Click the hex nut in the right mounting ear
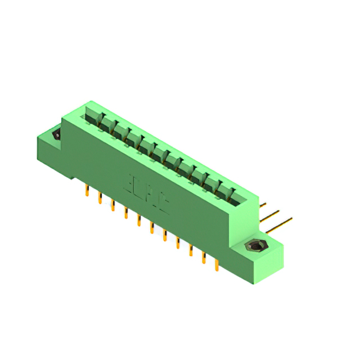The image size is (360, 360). pyautogui.click(x=255, y=246)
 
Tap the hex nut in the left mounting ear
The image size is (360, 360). pyautogui.click(x=56, y=135)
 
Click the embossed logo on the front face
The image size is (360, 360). pyautogui.click(x=146, y=193)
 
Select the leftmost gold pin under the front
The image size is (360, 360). pyautogui.click(x=87, y=191)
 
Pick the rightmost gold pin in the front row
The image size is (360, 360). pyautogui.click(x=217, y=264)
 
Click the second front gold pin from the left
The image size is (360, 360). pyautogui.click(x=100, y=198)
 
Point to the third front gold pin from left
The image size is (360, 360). pyautogui.click(x=112, y=205)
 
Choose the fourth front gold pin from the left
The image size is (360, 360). pyautogui.click(x=125, y=213)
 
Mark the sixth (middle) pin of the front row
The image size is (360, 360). pyautogui.click(x=151, y=228)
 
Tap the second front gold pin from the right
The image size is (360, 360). pyautogui.click(x=203, y=258)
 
